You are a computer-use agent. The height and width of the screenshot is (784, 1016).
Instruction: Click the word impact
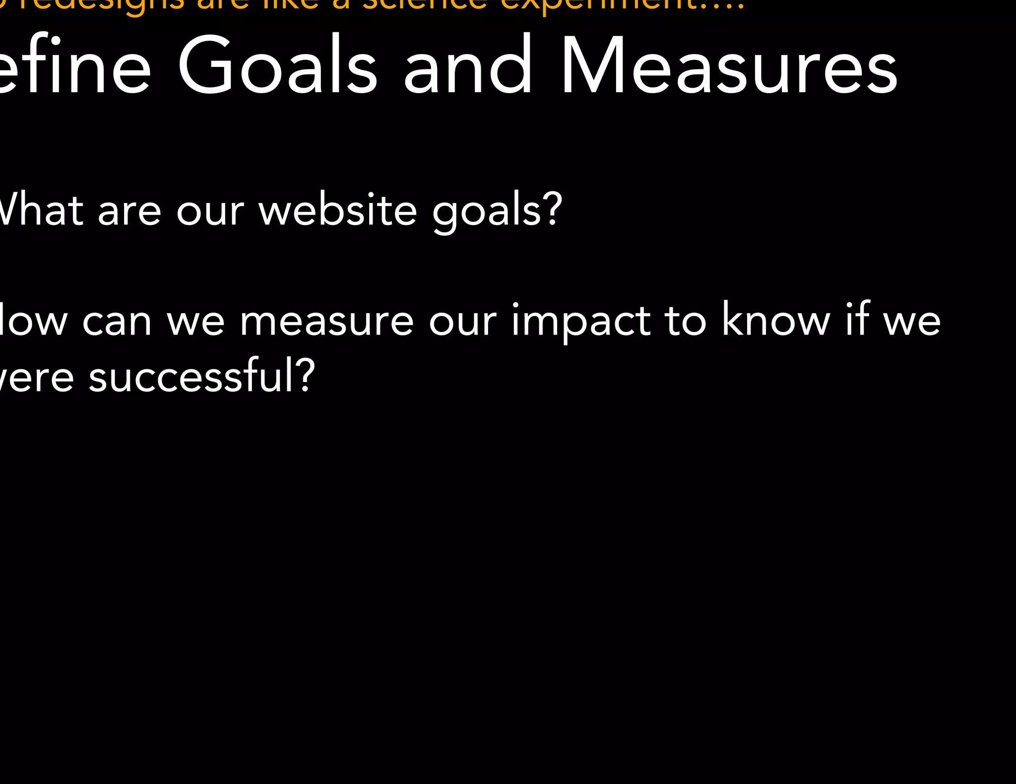(581, 321)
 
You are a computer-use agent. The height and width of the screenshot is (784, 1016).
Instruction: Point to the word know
(775, 320)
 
